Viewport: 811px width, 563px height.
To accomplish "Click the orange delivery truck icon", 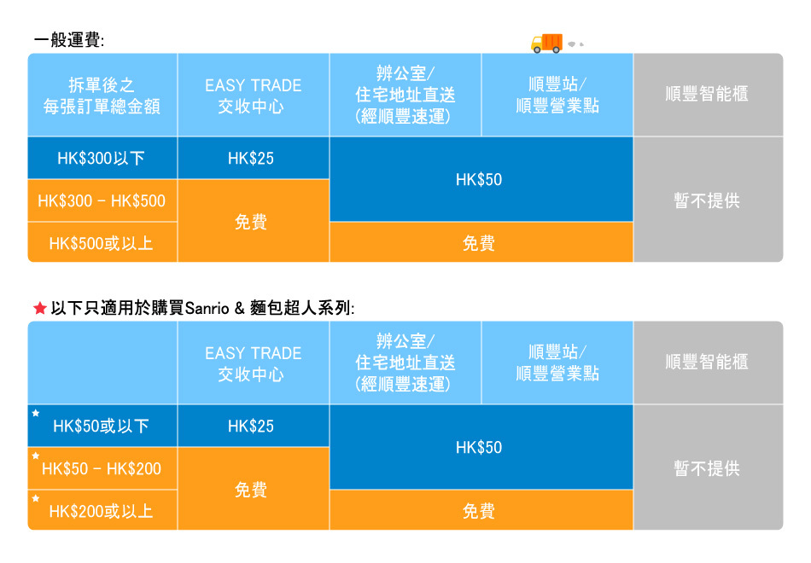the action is (546, 44).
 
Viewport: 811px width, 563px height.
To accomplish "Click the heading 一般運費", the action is (69, 40).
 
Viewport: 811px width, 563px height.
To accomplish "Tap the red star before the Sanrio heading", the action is (40, 309).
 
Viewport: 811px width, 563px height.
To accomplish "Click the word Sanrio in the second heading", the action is (207, 309).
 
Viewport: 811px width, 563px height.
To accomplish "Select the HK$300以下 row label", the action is (101, 158).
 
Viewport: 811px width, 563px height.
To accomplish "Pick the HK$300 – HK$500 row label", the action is (102, 200).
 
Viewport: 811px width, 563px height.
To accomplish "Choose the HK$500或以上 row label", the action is (101, 243).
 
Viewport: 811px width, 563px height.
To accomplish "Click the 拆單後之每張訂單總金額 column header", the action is (102, 96).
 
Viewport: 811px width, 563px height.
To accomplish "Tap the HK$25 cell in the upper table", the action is (251, 158).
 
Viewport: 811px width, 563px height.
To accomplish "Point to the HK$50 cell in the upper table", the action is (479, 179).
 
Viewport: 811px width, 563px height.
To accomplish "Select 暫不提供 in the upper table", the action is (707, 200).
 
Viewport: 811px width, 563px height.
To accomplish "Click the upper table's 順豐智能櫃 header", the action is (707, 94).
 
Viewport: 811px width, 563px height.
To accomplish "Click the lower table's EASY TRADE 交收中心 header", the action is (253, 363).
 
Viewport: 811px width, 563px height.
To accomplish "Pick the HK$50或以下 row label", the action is (101, 426).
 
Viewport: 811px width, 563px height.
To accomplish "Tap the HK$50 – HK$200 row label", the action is (102, 469).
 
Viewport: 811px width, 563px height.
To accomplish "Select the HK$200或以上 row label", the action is (101, 511).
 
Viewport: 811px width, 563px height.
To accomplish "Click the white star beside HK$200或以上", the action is (36, 498).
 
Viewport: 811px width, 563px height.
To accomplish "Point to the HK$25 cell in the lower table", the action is (251, 426).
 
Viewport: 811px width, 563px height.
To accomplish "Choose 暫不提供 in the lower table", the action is (707, 468).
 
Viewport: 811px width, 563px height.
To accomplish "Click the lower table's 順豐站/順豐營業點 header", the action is (557, 363).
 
